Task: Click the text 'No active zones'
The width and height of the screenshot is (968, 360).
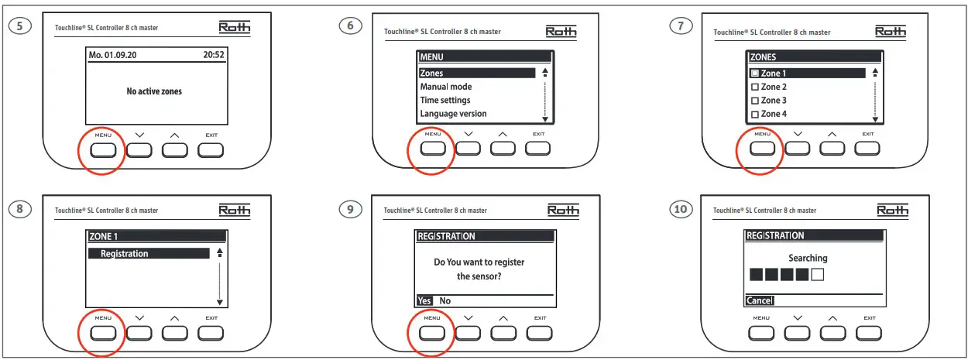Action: point(154,91)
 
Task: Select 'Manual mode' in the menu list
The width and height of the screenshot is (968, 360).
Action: point(446,87)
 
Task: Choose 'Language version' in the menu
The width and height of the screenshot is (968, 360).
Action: point(453,114)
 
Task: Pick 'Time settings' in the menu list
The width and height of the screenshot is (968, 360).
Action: point(445,100)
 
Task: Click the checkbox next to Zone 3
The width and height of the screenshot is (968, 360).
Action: point(755,101)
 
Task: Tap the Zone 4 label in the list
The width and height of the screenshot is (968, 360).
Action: point(774,115)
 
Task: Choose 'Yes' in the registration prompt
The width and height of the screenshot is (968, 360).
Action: point(424,300)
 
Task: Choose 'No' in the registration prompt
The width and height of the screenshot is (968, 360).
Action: point(445,300)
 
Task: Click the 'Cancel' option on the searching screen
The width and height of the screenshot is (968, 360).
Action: point(760,300)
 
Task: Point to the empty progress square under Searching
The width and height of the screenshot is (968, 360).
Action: point(817,274)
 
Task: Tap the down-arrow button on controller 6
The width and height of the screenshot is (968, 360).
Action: point(468,148)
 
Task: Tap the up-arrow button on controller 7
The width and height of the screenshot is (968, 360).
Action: point(832,148)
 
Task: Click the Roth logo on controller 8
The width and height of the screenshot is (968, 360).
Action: point(235,210)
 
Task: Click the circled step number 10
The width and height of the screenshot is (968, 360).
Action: point(679,210)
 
